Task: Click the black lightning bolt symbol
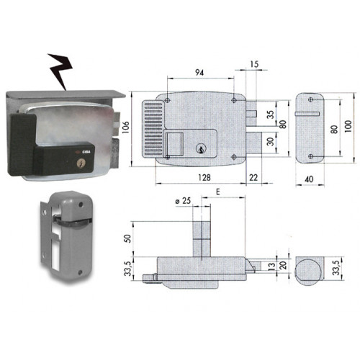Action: coord(60,70)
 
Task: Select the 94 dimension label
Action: coord(199,72)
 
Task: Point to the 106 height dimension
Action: coord(126,127)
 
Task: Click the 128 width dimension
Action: coord(204,177)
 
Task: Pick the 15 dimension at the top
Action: coord(254,64)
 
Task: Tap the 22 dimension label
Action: coord(253,177)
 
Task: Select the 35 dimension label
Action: coord(270,114)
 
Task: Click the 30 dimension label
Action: coord(270,142)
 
